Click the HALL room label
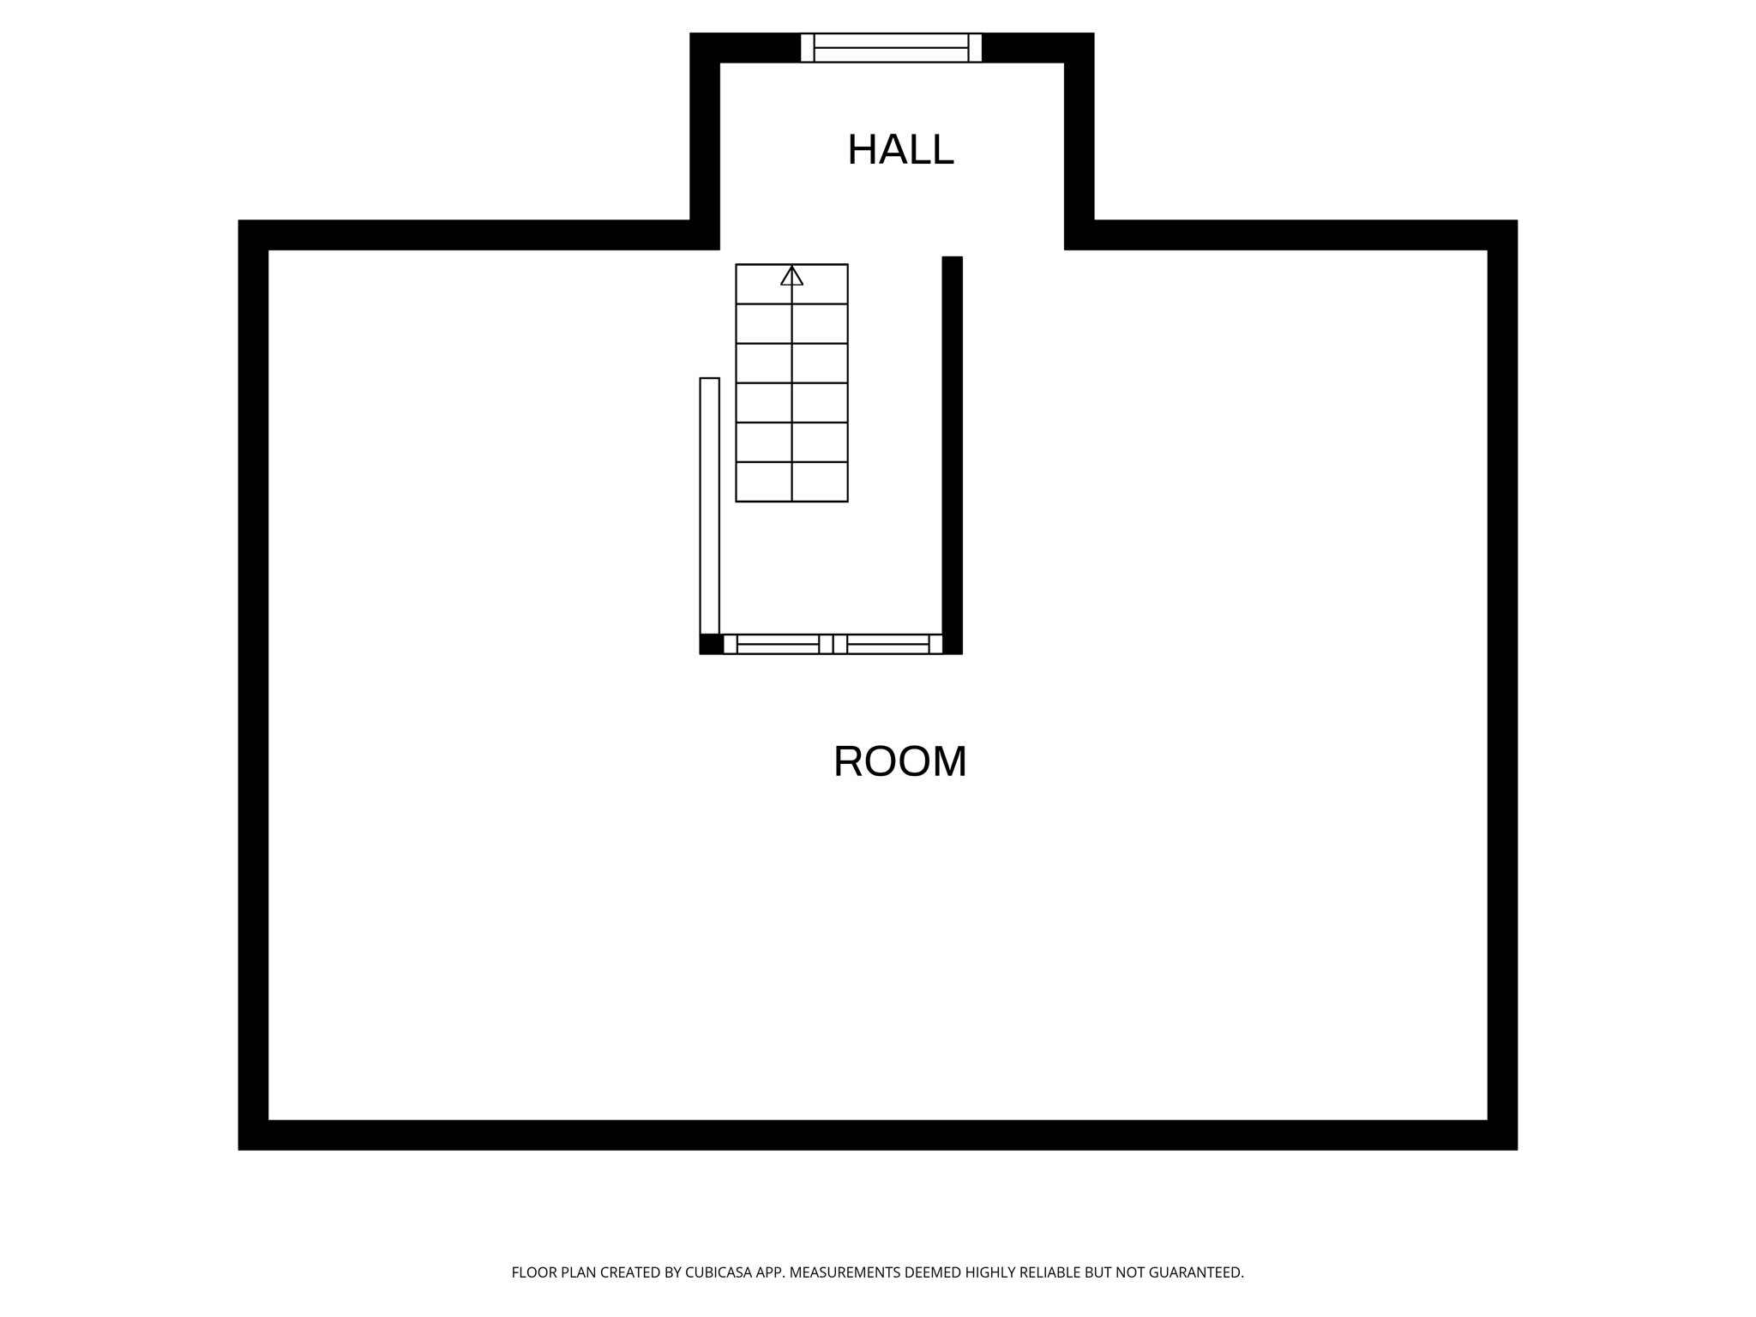tap(899, 151)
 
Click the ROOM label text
tap(899, 761)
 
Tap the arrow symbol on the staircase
tap(791, 276)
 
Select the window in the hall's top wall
tap(891, 48)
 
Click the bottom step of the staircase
tap(791, 482)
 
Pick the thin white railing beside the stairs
tap(709, 506)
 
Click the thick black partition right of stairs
tap(952, 454)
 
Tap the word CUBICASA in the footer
tap(718, 1272)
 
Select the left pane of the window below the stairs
tap(778, 644)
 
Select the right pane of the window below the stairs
tap(887, 644)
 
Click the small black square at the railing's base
tap(711, 644)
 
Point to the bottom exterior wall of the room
tap(877, 1134)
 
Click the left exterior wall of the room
tap(253, 686)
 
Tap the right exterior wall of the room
tap(1502, 686)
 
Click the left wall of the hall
tap(704, 137)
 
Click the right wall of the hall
tap(1079, 137)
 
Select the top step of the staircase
tap(791, 285)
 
